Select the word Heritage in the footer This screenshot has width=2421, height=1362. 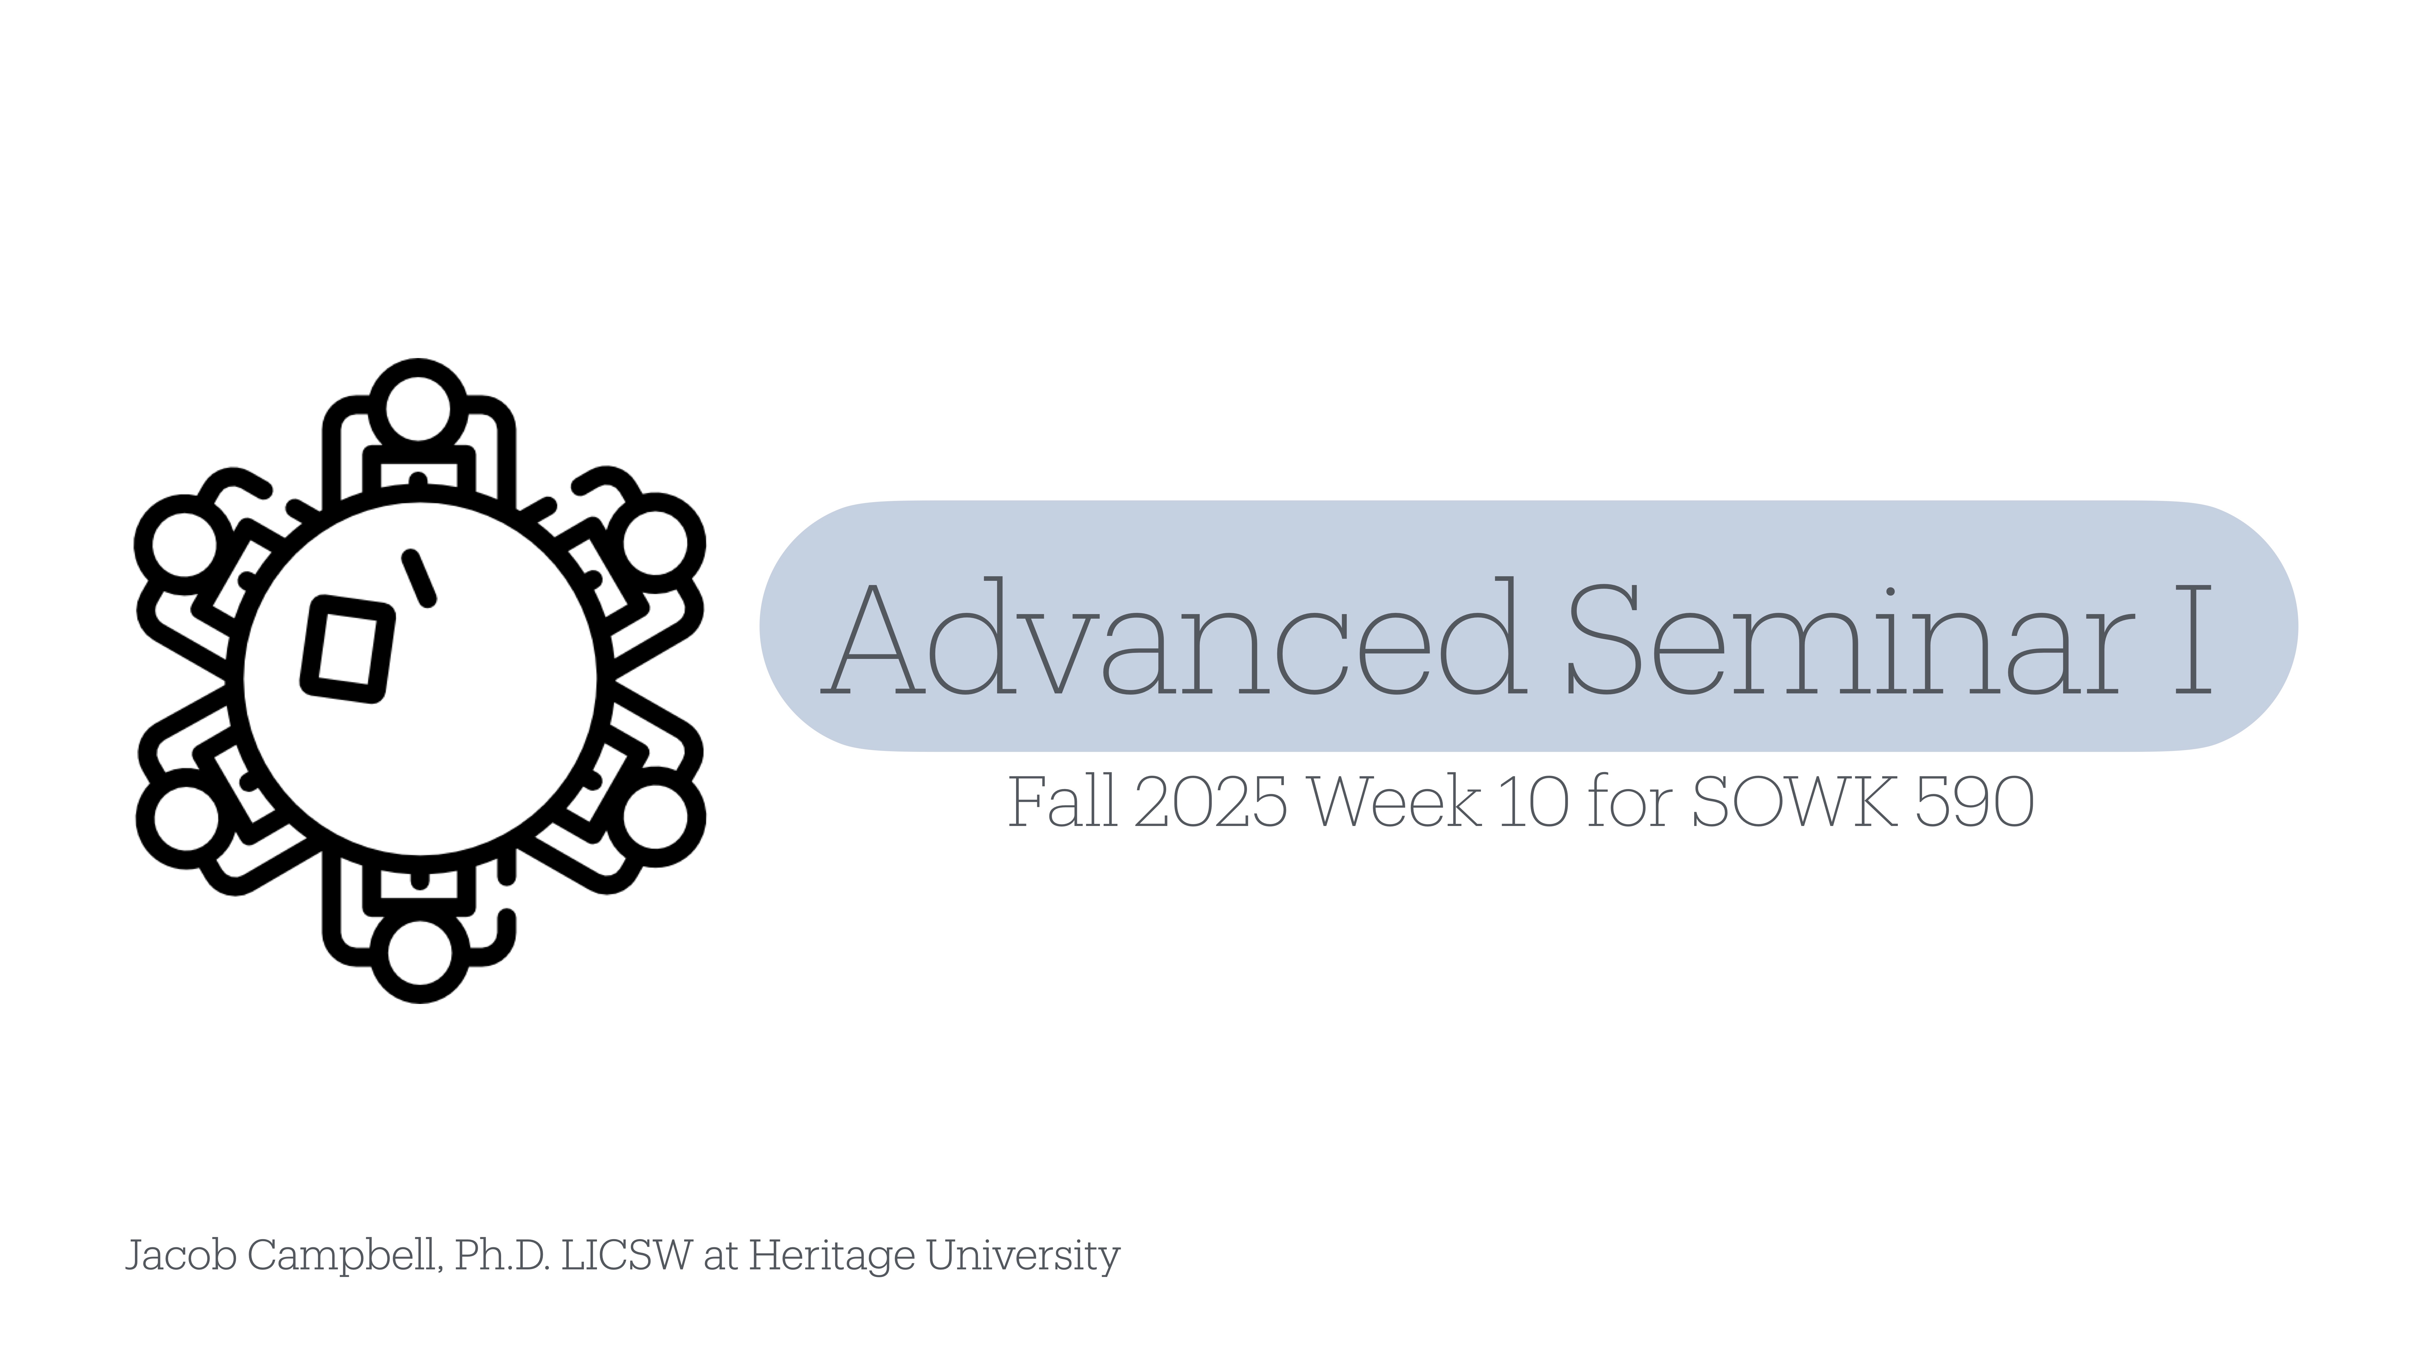(832, 1256)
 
